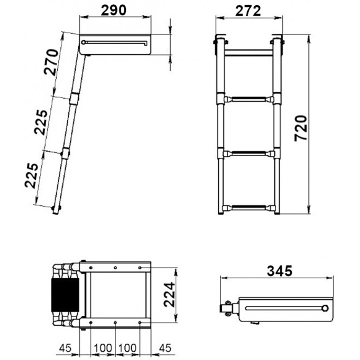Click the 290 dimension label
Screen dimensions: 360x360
[x=114, y=10]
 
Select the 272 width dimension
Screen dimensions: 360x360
[x=248, y=11]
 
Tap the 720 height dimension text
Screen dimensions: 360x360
[x=301, y=128]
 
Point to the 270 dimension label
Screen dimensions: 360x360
[x=51, y=62]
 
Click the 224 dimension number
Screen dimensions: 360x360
[x=170, y=294]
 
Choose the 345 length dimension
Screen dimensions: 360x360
[x=279, y=271]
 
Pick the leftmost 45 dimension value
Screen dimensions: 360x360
[x=65, y=348]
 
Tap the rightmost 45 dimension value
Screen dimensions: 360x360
[x=165, y=348]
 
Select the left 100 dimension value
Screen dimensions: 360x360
[x=103, y=348]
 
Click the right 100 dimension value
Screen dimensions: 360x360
[x=127, y=348]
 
